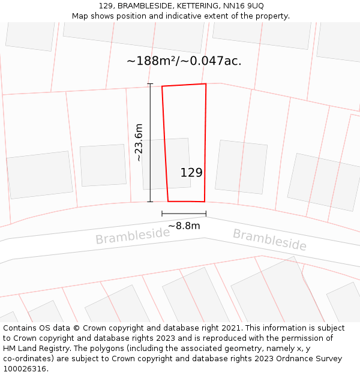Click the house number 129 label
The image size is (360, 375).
click(191, 173)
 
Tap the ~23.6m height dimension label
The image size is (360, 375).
click(139, 143)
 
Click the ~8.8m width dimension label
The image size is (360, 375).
click(184, 226)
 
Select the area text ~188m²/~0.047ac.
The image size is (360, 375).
click(184, 61)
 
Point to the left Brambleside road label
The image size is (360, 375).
click(133, 236)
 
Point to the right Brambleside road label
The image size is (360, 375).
click(269, 239)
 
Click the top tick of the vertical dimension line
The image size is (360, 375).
click(150, 84)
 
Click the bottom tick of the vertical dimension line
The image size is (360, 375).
click(150, 202)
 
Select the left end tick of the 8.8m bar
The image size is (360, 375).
click(162, 214)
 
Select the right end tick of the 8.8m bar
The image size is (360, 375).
click(206, 214)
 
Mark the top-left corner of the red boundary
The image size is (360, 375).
click(162, 86)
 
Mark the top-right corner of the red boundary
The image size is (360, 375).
click(206, 84)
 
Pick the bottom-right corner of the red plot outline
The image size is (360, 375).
click(205, 202)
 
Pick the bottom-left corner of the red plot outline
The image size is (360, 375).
click(168, 201)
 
